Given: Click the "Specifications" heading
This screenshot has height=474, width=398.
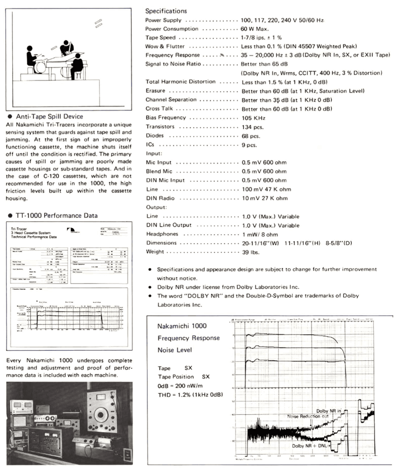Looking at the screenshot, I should tap(166, 11).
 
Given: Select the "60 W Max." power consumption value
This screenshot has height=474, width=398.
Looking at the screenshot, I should tap(255, 29).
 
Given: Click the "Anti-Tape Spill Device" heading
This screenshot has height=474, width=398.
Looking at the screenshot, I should tap(49, 117).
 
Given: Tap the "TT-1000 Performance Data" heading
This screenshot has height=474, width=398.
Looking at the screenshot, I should tap(57, 216).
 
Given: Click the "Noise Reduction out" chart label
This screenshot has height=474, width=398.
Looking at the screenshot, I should tap(308, 416).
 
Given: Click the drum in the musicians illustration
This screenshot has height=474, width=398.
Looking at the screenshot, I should tap(40, 67).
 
